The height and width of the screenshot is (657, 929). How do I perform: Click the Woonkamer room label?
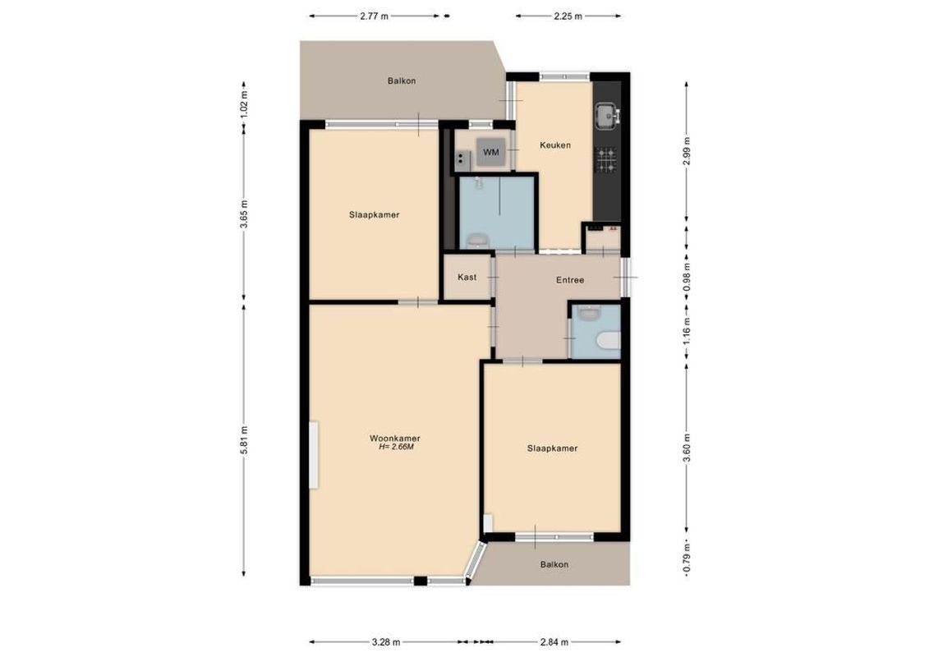point(401,439)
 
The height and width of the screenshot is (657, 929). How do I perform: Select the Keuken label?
point(554,145)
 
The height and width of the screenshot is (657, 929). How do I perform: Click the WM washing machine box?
point(491,153)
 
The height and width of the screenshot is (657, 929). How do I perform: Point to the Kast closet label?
point(467,277)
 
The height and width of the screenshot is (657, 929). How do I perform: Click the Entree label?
point(569,280)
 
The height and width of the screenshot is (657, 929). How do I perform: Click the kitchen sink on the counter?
point(608,117)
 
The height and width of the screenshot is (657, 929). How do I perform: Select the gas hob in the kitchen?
point(607,159)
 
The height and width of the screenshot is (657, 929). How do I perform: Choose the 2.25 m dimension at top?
point(568,16)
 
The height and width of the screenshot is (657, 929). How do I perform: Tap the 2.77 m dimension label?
point(374,16)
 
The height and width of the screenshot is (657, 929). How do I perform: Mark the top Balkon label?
point(402,80)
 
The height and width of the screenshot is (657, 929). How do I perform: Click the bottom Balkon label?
point(554,564)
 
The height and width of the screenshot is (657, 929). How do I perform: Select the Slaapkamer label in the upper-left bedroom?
point(374,214)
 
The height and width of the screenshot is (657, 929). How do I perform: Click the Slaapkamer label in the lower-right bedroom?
point(552,448)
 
